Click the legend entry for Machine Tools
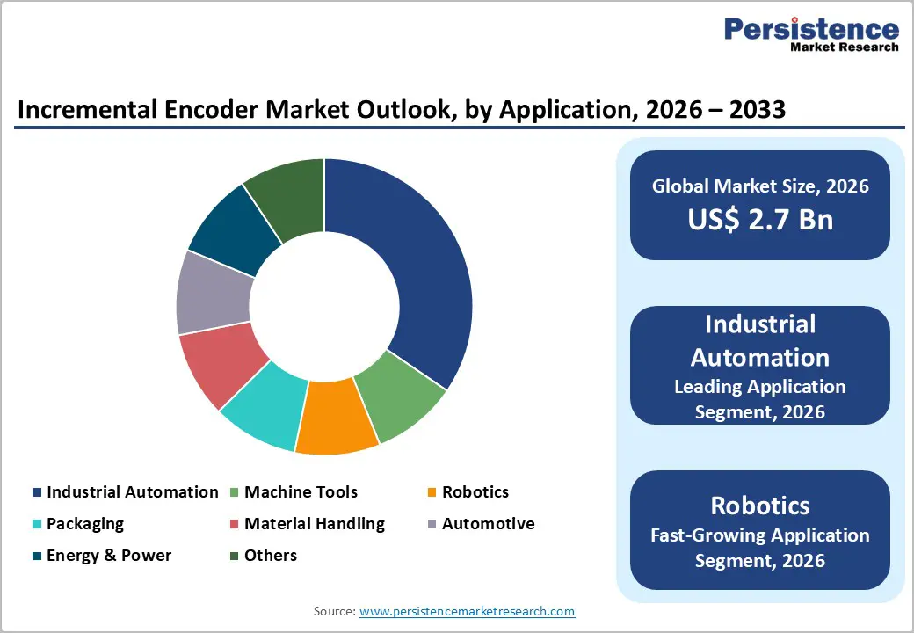tap(301, 492)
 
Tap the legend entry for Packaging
tap(84, 524)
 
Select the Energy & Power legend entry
tap(108, 556)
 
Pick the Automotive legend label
tap(488, 524)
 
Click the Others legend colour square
tap(234, 556)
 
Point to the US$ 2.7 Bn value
tap(760, 219)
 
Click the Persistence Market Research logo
tap(810, 36)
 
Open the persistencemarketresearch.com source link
tap(467, 611)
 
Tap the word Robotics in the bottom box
tap(760, 506)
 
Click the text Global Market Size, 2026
tap(760, 186)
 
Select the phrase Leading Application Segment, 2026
tap(760, 398)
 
